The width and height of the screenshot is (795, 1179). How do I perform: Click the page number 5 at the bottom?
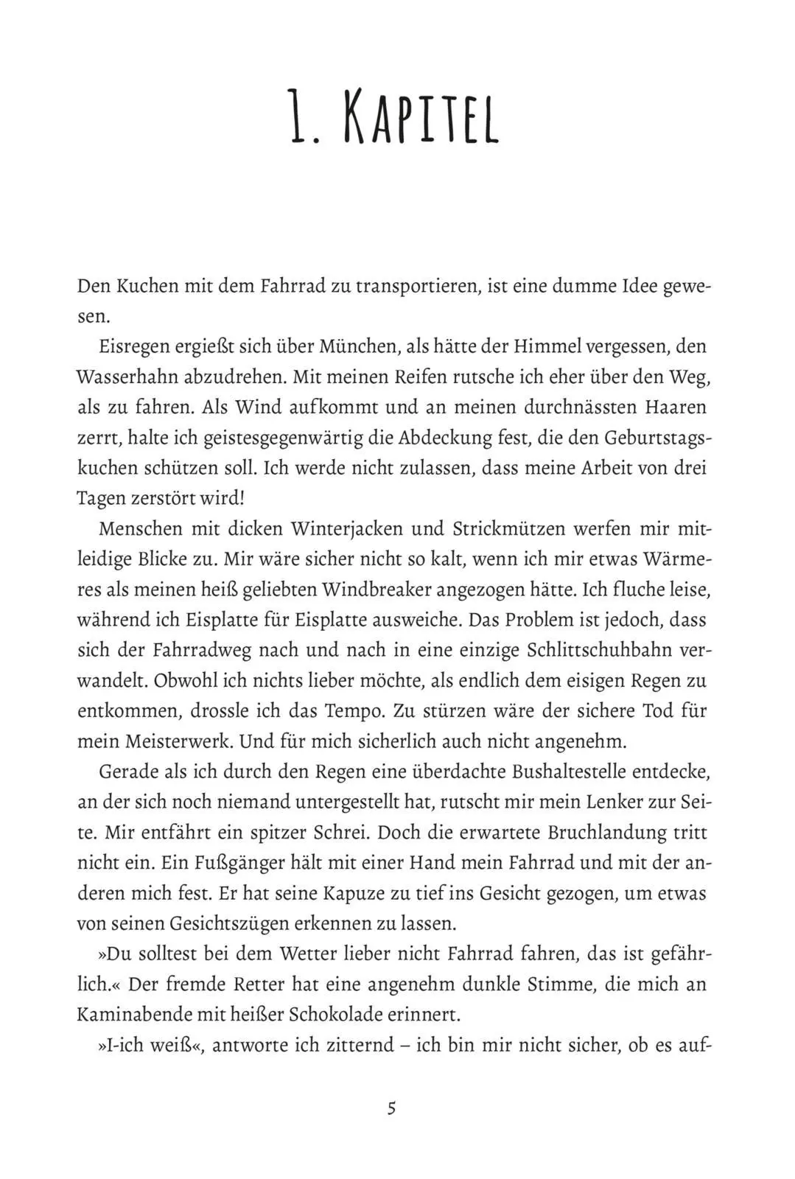pyautogui.click(x=391, y=1108)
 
